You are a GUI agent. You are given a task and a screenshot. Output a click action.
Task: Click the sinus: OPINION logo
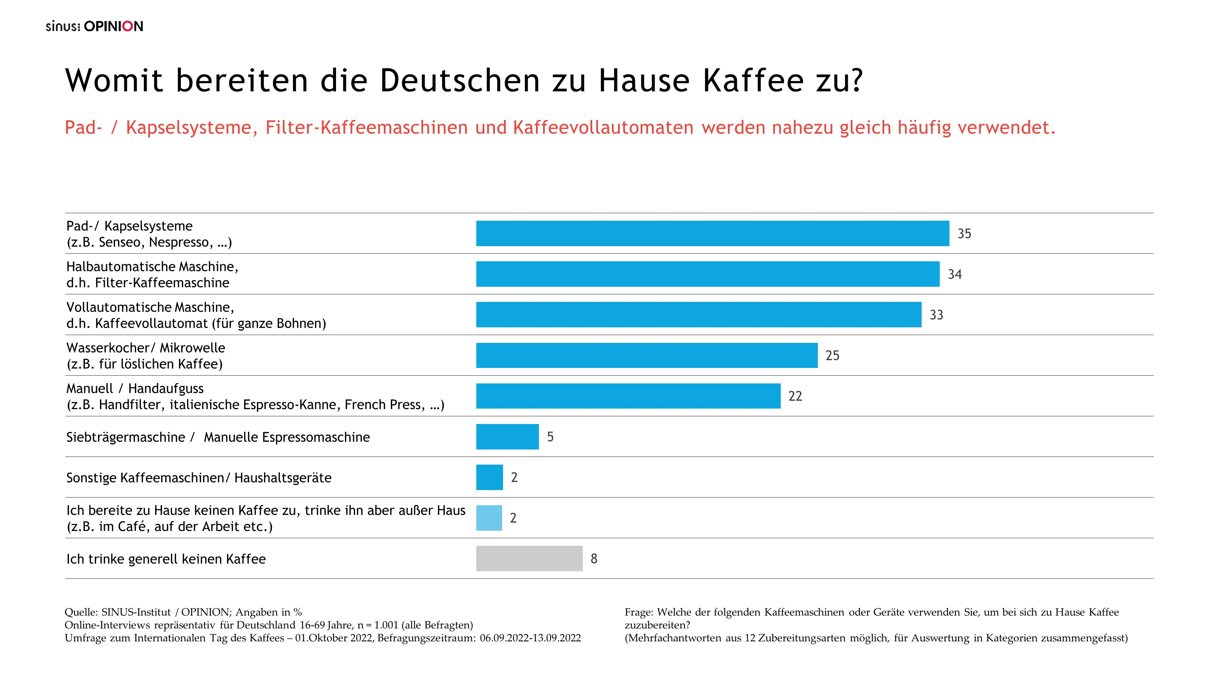click(94, 26)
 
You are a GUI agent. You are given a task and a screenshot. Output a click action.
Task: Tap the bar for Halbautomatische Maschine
click(708, 274)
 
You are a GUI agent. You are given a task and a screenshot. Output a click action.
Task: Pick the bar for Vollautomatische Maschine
click(699, 314)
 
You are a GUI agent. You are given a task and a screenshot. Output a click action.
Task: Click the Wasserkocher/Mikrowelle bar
click(646, 355)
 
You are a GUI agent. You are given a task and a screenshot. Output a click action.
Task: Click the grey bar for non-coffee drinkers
click(529, 558)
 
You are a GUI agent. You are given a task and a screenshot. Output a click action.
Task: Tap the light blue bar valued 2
click(489, 518)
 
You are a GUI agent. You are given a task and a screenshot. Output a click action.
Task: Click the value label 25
click(832, 355)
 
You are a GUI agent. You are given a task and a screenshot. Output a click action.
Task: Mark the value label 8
click(594, 559)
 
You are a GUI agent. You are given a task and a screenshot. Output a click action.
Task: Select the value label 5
click(550, 437)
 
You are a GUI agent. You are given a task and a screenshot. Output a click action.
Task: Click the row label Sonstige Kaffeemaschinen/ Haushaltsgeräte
click(199, 478)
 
